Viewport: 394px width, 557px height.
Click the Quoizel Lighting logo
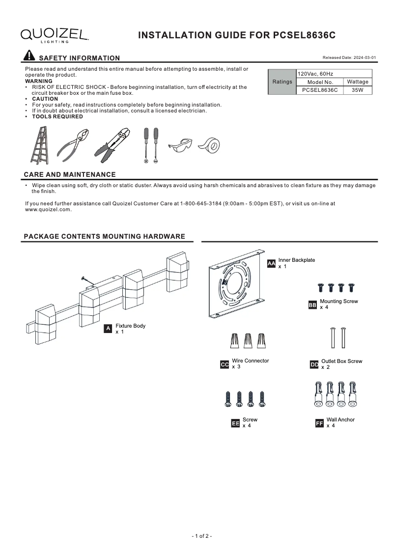54,35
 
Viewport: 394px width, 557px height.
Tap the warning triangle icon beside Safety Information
29,56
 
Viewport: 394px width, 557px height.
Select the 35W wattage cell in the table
357,90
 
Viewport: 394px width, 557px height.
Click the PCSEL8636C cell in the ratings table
320,90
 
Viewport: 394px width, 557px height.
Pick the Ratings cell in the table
282,82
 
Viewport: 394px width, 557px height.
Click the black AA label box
271,264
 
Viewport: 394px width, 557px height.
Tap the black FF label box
319,423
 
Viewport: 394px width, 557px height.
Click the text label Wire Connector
250,361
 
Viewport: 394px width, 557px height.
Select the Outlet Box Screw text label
341,362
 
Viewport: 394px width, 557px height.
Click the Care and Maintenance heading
70,174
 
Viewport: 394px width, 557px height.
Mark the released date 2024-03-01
349,57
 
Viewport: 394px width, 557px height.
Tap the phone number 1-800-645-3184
208,203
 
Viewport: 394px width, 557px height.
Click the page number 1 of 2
201,536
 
